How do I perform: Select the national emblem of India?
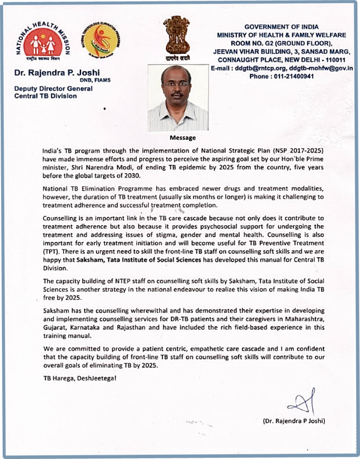tap(176, 38)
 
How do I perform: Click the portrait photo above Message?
tap(178, 98)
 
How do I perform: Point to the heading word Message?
tap(182, 138)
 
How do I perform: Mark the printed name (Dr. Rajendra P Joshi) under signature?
tap(294, 421)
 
